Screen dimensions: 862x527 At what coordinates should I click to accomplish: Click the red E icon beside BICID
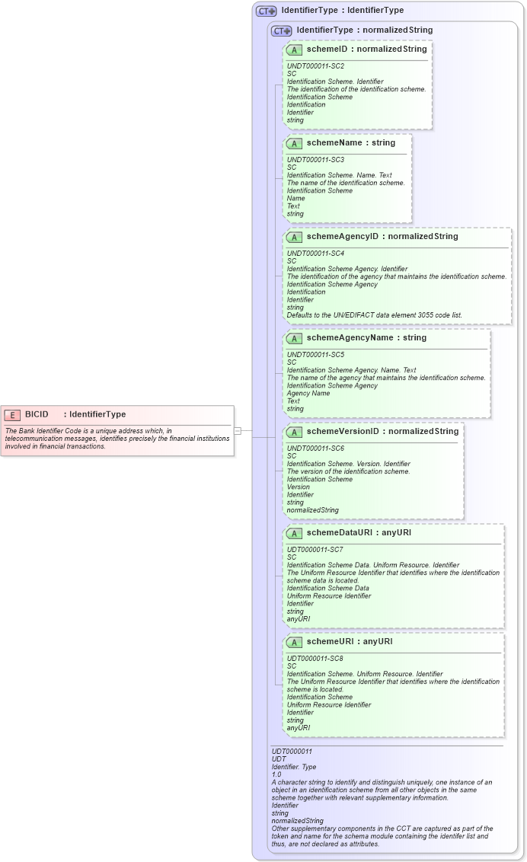point(11,414)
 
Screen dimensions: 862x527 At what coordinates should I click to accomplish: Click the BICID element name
point(37,414)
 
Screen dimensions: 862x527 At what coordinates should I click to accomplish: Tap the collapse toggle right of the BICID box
point(238,431)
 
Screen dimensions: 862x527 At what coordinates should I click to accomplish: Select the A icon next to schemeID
point(294,49)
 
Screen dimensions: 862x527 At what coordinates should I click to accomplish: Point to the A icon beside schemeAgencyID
point(294,237)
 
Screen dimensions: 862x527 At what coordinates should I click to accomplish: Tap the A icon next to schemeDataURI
point(294,533)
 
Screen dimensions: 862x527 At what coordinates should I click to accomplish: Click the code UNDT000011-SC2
point(315,66)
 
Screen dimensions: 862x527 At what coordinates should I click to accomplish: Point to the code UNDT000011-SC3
point(315,160)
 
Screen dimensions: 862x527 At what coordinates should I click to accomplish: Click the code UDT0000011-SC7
point(315,550)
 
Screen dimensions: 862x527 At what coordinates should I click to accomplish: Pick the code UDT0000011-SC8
point(315,659)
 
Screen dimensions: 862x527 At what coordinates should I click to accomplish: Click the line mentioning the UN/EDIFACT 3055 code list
point(374,315)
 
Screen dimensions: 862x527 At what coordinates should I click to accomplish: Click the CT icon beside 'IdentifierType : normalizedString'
point(281,31)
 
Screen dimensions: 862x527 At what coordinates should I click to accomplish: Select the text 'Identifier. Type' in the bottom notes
point(294,767)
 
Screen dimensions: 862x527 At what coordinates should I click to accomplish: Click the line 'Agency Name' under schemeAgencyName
point(308,394)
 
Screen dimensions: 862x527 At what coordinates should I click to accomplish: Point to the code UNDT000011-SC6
point(315,449)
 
